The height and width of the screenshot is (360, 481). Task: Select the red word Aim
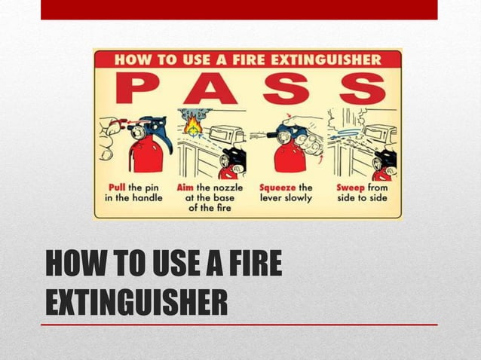(185, 187)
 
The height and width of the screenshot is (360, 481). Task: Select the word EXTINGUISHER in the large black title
(136, 302)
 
